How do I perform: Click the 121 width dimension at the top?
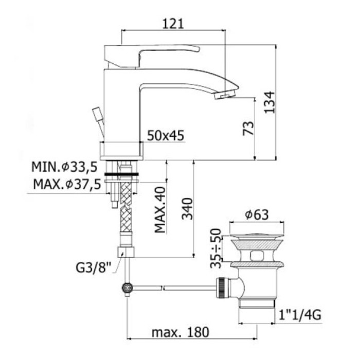click(x=173, y=24)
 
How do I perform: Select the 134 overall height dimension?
click(x=269, y=102)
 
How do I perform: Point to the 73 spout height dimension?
click(x=248, y=129)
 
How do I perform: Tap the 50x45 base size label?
click(x=166, y=135)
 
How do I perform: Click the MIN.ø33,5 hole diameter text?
click(x=64, y=167)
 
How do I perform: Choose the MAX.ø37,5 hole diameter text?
click(x=67, y=184)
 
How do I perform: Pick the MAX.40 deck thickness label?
click(x=160, y=210)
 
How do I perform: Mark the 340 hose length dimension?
click(x=187, y=209)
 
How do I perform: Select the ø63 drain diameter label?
click(x=257, y=215)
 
